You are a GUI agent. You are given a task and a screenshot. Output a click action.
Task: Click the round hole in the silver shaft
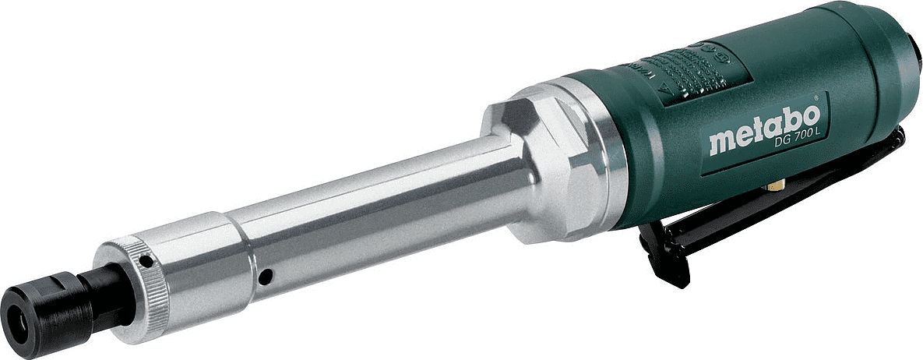266,275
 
